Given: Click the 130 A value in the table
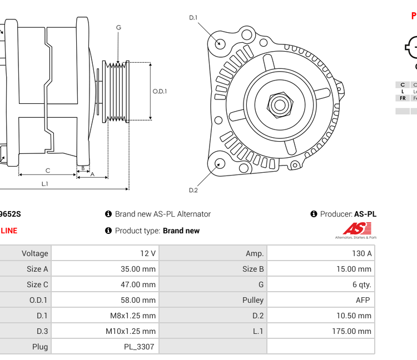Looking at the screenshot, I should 361,253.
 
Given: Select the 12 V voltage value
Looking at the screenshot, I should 148,253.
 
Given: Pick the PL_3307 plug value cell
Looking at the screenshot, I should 138,347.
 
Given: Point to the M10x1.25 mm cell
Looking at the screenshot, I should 131,331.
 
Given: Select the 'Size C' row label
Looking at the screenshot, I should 37,284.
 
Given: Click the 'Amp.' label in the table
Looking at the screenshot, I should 255,253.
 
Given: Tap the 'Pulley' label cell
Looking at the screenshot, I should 253,300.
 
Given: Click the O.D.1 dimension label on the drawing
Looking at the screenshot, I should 160,91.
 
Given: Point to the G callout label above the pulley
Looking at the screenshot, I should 118,28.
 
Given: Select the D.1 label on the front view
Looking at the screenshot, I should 193,18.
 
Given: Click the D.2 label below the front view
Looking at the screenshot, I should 193,190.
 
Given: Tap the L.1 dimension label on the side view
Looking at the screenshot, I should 44,183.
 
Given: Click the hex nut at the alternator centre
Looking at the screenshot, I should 279,104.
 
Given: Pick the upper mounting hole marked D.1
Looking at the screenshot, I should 220,43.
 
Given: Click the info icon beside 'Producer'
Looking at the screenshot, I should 314,214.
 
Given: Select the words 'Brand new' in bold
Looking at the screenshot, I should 181,231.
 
